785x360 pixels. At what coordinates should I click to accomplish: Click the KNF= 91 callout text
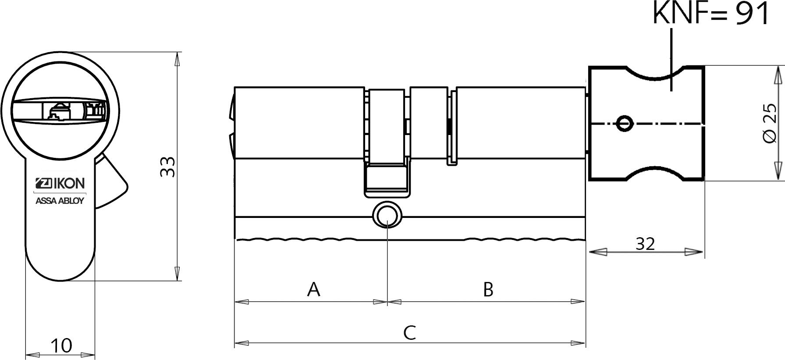(x=710, y=13)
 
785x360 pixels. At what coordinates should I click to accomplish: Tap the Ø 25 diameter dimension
(x=769, y=123)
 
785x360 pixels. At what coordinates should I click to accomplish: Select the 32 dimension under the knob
(x=645, y=244)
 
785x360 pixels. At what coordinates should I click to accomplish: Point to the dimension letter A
(x=313, y=289)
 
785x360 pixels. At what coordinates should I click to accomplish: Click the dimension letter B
(x=488, y=289)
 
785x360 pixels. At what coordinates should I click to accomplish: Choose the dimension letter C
(x=409, y=333)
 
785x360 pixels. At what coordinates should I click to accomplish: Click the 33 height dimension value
(x=168, y=167)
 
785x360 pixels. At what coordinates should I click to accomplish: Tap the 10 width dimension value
(x=61, y=346)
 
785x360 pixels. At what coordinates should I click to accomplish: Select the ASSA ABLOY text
(x=60, y=201)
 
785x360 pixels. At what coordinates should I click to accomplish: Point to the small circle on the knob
(x=624, y=123)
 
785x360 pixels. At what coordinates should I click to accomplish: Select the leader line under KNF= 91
(x=671, y=60)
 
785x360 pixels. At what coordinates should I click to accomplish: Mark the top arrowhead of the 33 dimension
(x=177, y=60)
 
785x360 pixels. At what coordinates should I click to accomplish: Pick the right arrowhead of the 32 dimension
(x=695, y=252)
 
